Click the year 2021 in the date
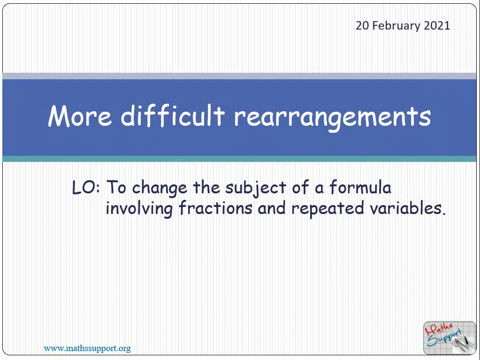tap(437, 25)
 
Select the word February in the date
tap(396, 26)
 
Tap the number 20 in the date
tap(362, 25)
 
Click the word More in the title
tap(80, 116)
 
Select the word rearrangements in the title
tap(333, 117)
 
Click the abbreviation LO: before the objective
tap(86, 187)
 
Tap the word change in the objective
tap(160, 188)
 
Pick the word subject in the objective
tap(256, 188)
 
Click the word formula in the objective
tap(360, 187)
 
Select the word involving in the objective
tap(139, 209)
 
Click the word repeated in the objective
tap(328, 209)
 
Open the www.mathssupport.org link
tap(87, 348)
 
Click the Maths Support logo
tap(450, 337)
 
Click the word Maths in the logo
tap(439, 329)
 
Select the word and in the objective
tap(272, 208)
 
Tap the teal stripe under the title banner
tap(239, 159)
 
